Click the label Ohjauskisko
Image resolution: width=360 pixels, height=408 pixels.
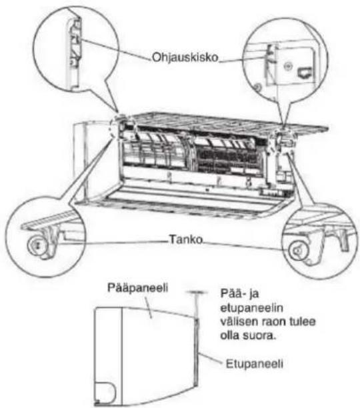click(x=185, y=57)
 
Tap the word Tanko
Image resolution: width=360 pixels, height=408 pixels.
click(x=186, y=239)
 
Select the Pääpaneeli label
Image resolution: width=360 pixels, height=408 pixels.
click(x=137, y=288)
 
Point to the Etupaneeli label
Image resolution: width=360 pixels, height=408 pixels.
click(x=255, y=364)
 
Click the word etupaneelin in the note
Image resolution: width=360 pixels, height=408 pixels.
click(x=251, y=309)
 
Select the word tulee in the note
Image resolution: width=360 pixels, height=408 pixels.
click(x=303, y=321)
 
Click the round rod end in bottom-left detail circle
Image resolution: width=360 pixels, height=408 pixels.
click(x=37, y=245)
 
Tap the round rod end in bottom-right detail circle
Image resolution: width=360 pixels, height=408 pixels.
click(x=297, y=251)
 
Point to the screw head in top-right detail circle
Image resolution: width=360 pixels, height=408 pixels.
click(x=287, y=67)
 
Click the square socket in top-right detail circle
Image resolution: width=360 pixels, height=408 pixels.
click(x=305, y=73)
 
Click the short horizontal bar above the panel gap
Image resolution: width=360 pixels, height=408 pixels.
click(x=196, y=293)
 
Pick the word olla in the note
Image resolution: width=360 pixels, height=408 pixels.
click(x=230, y=335)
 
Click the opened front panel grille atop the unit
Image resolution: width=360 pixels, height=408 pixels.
click(x=226, y=122)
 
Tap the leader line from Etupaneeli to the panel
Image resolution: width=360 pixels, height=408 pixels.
click(x=210, y=357)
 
